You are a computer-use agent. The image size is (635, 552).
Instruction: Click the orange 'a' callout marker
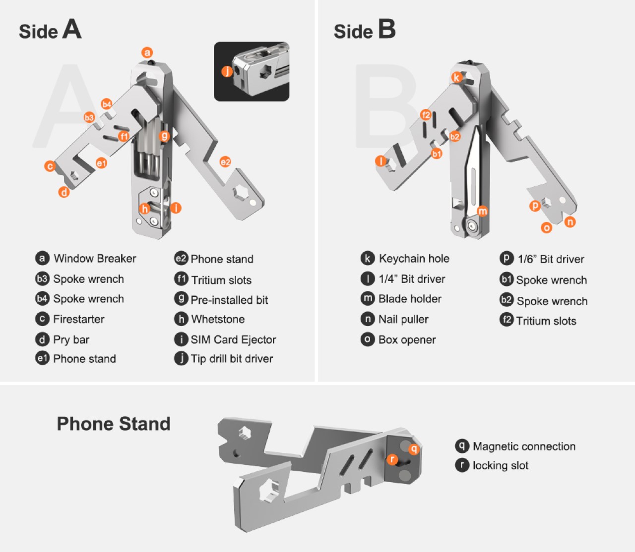pyautogui.click(x=147, y=53)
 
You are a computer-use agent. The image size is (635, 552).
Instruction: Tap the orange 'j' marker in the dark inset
pyautogui.click(x=227, y=71)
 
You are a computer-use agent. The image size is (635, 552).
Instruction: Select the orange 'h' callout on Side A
pyautogui.click(x=144, y=208)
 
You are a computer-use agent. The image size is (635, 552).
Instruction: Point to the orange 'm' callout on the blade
pyautogui.click(x=482, y=211)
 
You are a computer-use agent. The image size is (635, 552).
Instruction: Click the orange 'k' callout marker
pyautogui.click(x=456, y=77)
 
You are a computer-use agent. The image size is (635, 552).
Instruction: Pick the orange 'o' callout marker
pyautogui.click(x=546, y=227)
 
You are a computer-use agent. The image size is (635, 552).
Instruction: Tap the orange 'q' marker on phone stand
pyautogui.click(x=414, y=449)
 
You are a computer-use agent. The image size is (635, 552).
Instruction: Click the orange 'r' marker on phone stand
pyautogui.click(x=392, y=459)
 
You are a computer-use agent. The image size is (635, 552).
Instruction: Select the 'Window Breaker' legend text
pyautogui.click(x=95, y=258)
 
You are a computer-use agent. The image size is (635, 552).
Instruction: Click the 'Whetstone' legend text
pyautogui.click(x=218, y=319)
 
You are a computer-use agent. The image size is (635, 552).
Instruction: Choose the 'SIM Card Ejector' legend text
pyautogui.click(x=233, y=339)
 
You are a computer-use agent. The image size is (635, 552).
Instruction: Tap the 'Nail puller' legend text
pyautogui.click(x=403, y=319)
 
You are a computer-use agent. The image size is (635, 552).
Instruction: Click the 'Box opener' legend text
pyautogui.click(x=407, y=340)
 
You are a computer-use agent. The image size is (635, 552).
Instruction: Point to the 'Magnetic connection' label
pyautogui.click(x=524, y=446)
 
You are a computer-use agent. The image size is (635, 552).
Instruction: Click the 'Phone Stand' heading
pyautogui.click(x=114, y=424)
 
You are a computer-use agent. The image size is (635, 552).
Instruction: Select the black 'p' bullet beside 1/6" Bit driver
pyautogui.click(x=506, y=258)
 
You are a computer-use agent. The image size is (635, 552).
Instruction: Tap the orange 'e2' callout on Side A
pyautogui.click(x=225, y=162)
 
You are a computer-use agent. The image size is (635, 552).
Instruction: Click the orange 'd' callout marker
pyautogui.click(x=64, y=192)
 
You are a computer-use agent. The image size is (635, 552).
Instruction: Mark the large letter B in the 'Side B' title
pyautogui.click(x=386, y=29)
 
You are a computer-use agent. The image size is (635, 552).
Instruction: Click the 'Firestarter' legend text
pyautogui.click(x=78, y=319)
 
